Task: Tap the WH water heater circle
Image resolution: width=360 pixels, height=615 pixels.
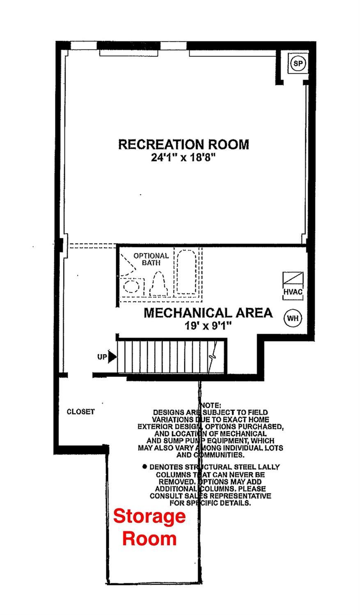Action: coord(292,318)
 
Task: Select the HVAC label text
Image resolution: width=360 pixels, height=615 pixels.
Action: coord(293,292)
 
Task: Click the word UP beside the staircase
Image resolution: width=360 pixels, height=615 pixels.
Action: coord(102,357)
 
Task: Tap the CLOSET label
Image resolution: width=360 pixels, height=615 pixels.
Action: coord(81,412)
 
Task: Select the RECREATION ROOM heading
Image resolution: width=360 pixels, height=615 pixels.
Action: coord(183,144)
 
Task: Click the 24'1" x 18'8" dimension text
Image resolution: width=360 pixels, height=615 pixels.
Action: coord(183,157)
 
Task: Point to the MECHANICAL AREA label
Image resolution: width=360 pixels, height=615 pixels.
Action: coord(208,313)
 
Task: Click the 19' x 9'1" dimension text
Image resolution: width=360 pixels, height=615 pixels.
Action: coord(208,326)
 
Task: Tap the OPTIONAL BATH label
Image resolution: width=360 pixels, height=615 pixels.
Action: coord(151,259)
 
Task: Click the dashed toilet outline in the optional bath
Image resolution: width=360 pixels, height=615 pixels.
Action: coord(158,283)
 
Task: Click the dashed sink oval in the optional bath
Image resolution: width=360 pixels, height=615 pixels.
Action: coord(131,286)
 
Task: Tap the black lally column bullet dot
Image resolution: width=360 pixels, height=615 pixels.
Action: coord(145,466)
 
